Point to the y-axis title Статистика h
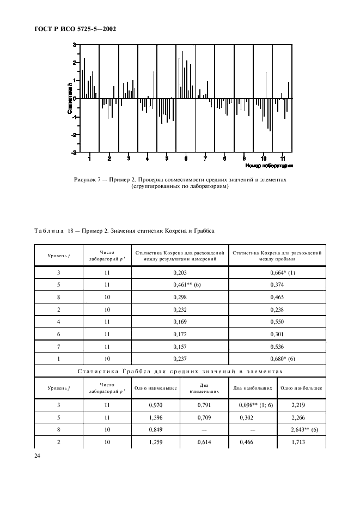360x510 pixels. coord(70,99)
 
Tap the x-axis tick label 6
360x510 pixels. coord(186,159)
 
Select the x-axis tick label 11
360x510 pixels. coord(282,159)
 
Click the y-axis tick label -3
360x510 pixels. coord(74,153)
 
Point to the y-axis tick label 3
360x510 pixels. coord(75,45)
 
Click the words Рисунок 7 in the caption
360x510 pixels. coord(88,179)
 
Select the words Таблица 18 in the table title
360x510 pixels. coord(52,230)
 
